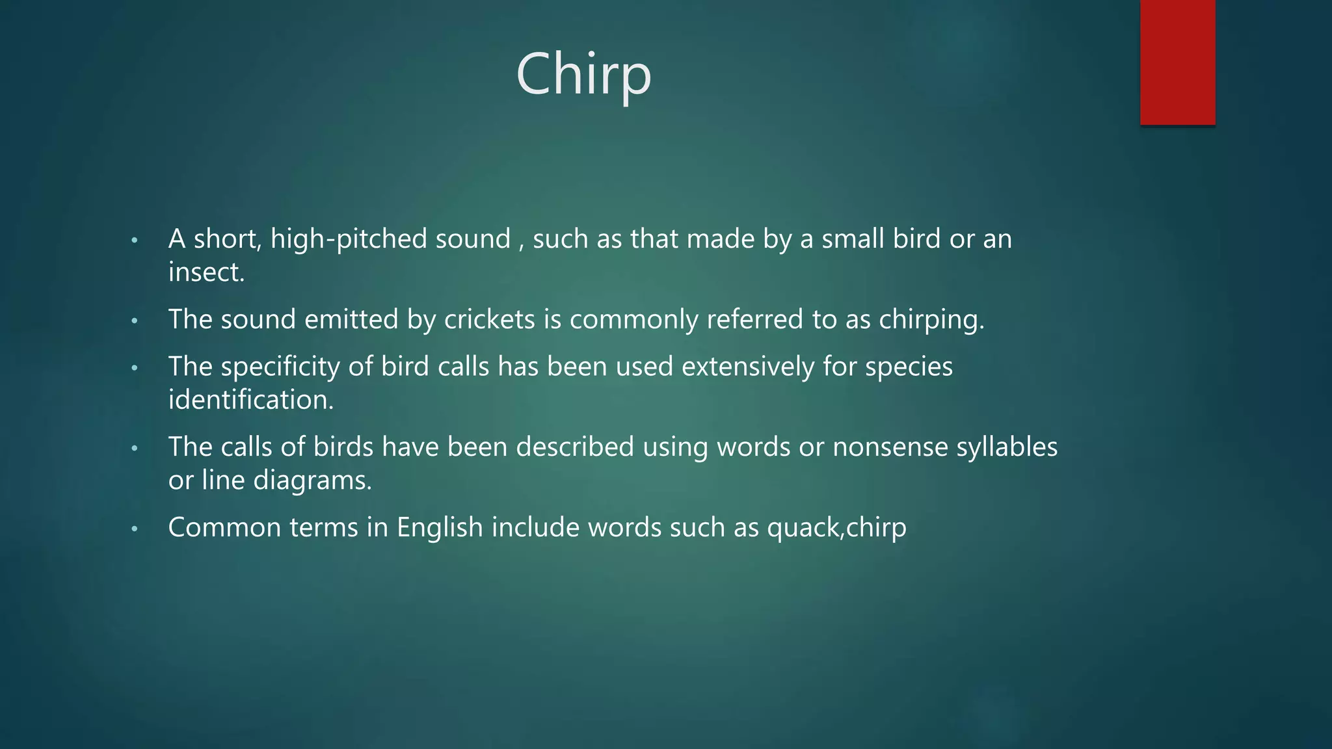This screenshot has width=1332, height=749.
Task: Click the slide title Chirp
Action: [583, 75]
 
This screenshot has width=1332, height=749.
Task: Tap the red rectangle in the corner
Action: [1177, 62]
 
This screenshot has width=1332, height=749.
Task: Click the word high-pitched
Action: [349, 239]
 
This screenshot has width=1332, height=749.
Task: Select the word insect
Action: [204, 272]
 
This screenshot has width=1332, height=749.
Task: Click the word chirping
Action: [931, 320]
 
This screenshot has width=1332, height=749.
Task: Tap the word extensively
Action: [747, 367]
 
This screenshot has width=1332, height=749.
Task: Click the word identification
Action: [250, 400]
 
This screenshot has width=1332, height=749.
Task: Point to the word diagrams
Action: [312, 480]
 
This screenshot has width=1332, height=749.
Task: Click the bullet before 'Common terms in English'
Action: [135, 529]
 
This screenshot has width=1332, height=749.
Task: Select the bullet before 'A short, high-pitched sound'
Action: [135, 241]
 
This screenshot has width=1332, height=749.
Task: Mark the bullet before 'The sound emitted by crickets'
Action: [135, 321]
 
